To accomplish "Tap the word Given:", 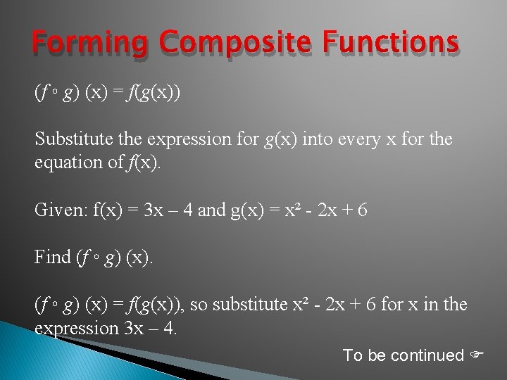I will (59, 210).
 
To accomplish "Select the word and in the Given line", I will (212, 210).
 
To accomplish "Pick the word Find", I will (53, 257).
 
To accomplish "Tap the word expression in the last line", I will (77, 328).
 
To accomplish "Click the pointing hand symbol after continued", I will (479, 356).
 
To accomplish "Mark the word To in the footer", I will (352, 356).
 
